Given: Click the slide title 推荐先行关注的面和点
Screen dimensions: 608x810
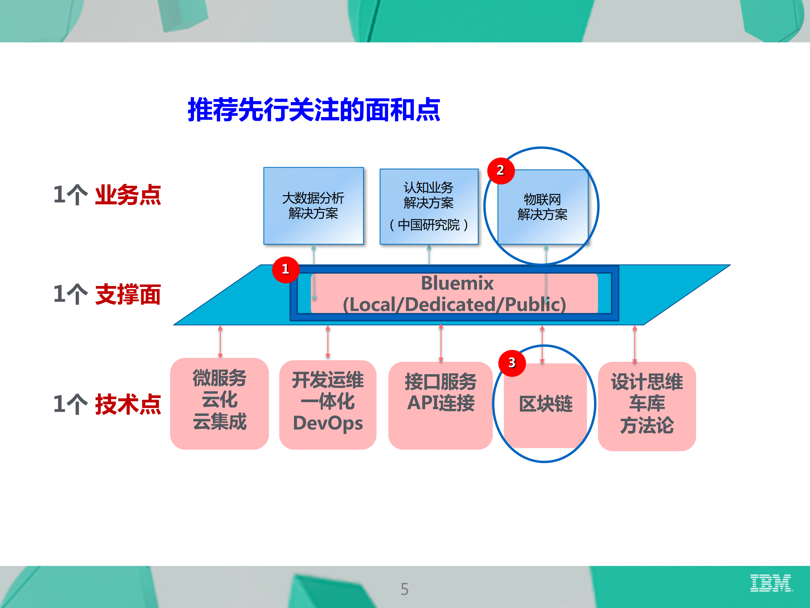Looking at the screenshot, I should (314, 110).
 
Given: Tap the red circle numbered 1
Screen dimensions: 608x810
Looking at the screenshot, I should (286, 269).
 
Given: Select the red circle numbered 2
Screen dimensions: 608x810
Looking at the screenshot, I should (501, 170).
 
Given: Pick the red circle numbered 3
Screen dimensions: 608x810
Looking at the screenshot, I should (512, 363).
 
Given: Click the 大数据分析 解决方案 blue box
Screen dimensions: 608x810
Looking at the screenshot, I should (313, 206).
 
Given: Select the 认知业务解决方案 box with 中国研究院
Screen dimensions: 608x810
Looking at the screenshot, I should (429, 206).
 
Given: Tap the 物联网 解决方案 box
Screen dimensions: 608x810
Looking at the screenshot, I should (543, 207).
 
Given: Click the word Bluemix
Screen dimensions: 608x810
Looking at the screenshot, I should (457, 283).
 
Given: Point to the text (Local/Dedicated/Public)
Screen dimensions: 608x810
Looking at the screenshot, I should (454, 304).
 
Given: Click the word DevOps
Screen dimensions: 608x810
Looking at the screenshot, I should (328, 423).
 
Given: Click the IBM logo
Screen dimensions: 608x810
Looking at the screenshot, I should (771, 583).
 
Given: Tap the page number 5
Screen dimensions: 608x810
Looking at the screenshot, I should (404, 589).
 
